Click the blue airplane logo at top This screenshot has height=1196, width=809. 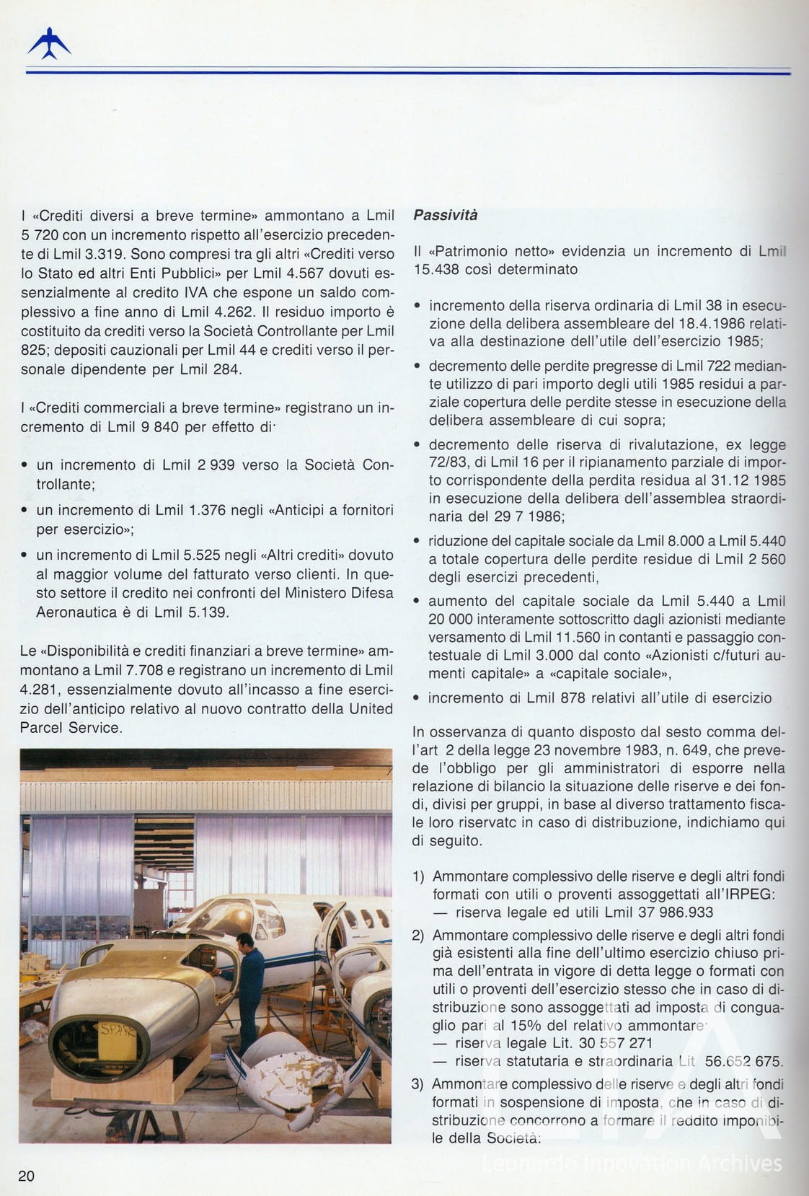coord(49,43)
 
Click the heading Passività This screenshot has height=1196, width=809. coord(445,215)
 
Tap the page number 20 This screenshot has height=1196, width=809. coord(26,1175)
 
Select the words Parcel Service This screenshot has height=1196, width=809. coord(70,727)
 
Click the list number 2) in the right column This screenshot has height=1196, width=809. coord(418,936)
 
